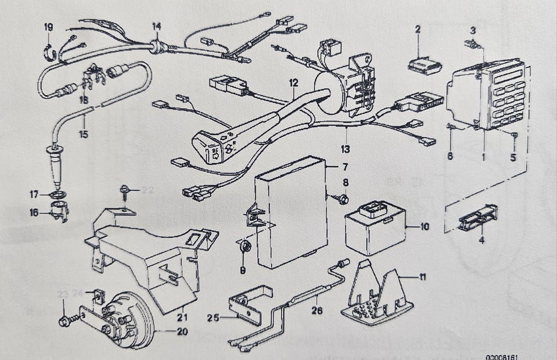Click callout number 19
tap(48, 27)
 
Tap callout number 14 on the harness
tap(157, 26)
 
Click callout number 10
tap(425, 226)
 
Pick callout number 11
tap(422, 278)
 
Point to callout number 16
tap(34, 213)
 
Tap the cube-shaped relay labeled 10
tap(374, 226)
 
